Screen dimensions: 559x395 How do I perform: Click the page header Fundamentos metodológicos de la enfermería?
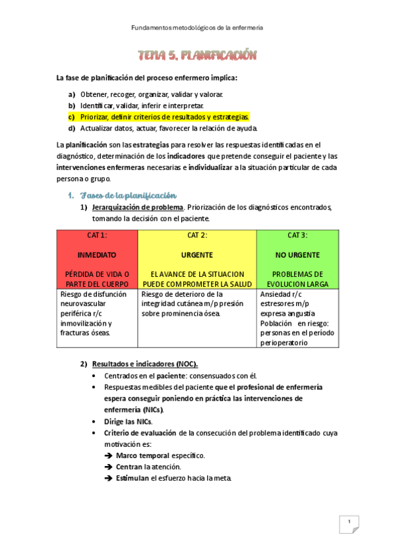(x=197, y=28)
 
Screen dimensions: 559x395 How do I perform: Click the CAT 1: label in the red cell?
(x=97, y=235)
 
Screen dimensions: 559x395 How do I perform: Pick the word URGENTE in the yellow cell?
(x=197, y=254)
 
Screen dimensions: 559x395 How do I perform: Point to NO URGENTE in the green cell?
(x=297, y=254)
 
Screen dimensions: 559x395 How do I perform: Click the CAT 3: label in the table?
(x=297, y=235)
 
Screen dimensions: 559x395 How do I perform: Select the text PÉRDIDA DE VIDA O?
(x=97, y=274)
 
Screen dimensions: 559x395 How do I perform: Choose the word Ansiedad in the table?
(x=276, y=294)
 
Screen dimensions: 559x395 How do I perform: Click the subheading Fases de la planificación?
(x=128, y=195)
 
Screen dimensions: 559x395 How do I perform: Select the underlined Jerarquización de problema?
(x=137, y=207)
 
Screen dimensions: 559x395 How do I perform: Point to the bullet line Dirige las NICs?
(x=128, y=421)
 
